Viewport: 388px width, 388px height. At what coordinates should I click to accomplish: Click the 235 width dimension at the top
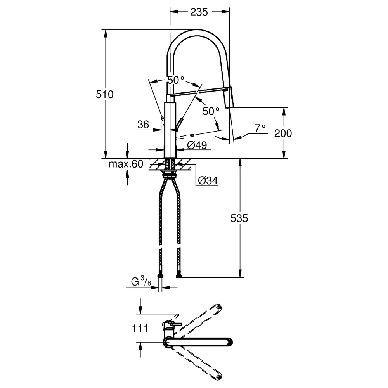[x=199, y=12]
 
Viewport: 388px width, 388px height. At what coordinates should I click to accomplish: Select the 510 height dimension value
[x=105, y=94]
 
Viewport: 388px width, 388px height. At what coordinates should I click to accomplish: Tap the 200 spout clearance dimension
[x=283, y=133]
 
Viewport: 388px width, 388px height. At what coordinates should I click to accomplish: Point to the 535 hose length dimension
[x=239, y=218]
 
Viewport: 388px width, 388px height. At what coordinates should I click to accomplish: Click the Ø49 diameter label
[x=197, y=145]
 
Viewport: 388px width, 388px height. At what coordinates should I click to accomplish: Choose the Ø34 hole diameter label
[x=208, y=181]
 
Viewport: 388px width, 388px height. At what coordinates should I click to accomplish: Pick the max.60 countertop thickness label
[x=126, y=164]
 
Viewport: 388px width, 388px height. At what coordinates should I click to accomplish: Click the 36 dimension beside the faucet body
[x=143, y=125]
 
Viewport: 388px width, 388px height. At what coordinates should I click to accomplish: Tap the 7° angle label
[x=260, y=128]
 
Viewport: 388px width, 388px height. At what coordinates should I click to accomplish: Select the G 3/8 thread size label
[x=141, y=281]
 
